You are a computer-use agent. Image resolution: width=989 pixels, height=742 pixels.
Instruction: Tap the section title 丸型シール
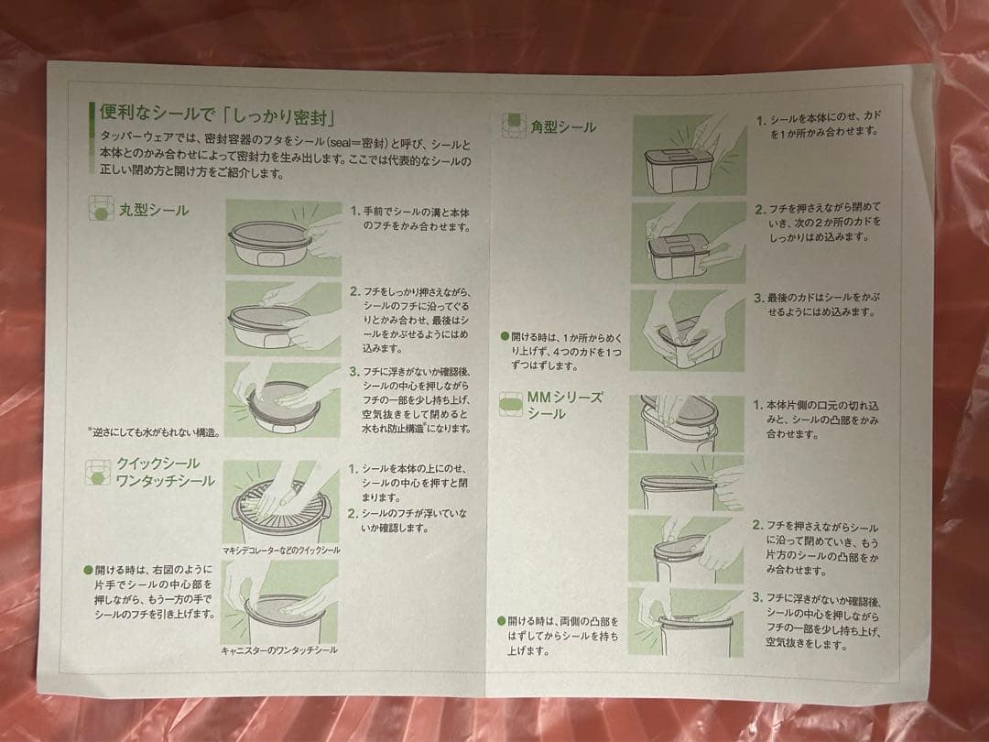point(153,211)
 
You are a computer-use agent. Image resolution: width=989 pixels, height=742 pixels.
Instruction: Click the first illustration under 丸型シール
point(283,237)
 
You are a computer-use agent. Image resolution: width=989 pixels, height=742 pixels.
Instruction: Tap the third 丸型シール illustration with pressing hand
point(283,398)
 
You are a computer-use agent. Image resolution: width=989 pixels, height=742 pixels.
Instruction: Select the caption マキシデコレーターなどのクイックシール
point(280,550)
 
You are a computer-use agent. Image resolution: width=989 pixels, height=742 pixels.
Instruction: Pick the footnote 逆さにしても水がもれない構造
point(153,431)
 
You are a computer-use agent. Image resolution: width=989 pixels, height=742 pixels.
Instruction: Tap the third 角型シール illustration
point(688,330)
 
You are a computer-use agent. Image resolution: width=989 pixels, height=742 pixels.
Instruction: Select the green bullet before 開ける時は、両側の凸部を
point(502,621)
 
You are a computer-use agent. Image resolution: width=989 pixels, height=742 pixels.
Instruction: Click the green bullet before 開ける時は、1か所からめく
point(505,335)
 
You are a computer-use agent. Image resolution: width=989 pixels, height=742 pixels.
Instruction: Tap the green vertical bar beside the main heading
point(92,116)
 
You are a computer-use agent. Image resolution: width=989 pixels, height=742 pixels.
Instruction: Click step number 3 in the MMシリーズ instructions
point(757,597)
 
